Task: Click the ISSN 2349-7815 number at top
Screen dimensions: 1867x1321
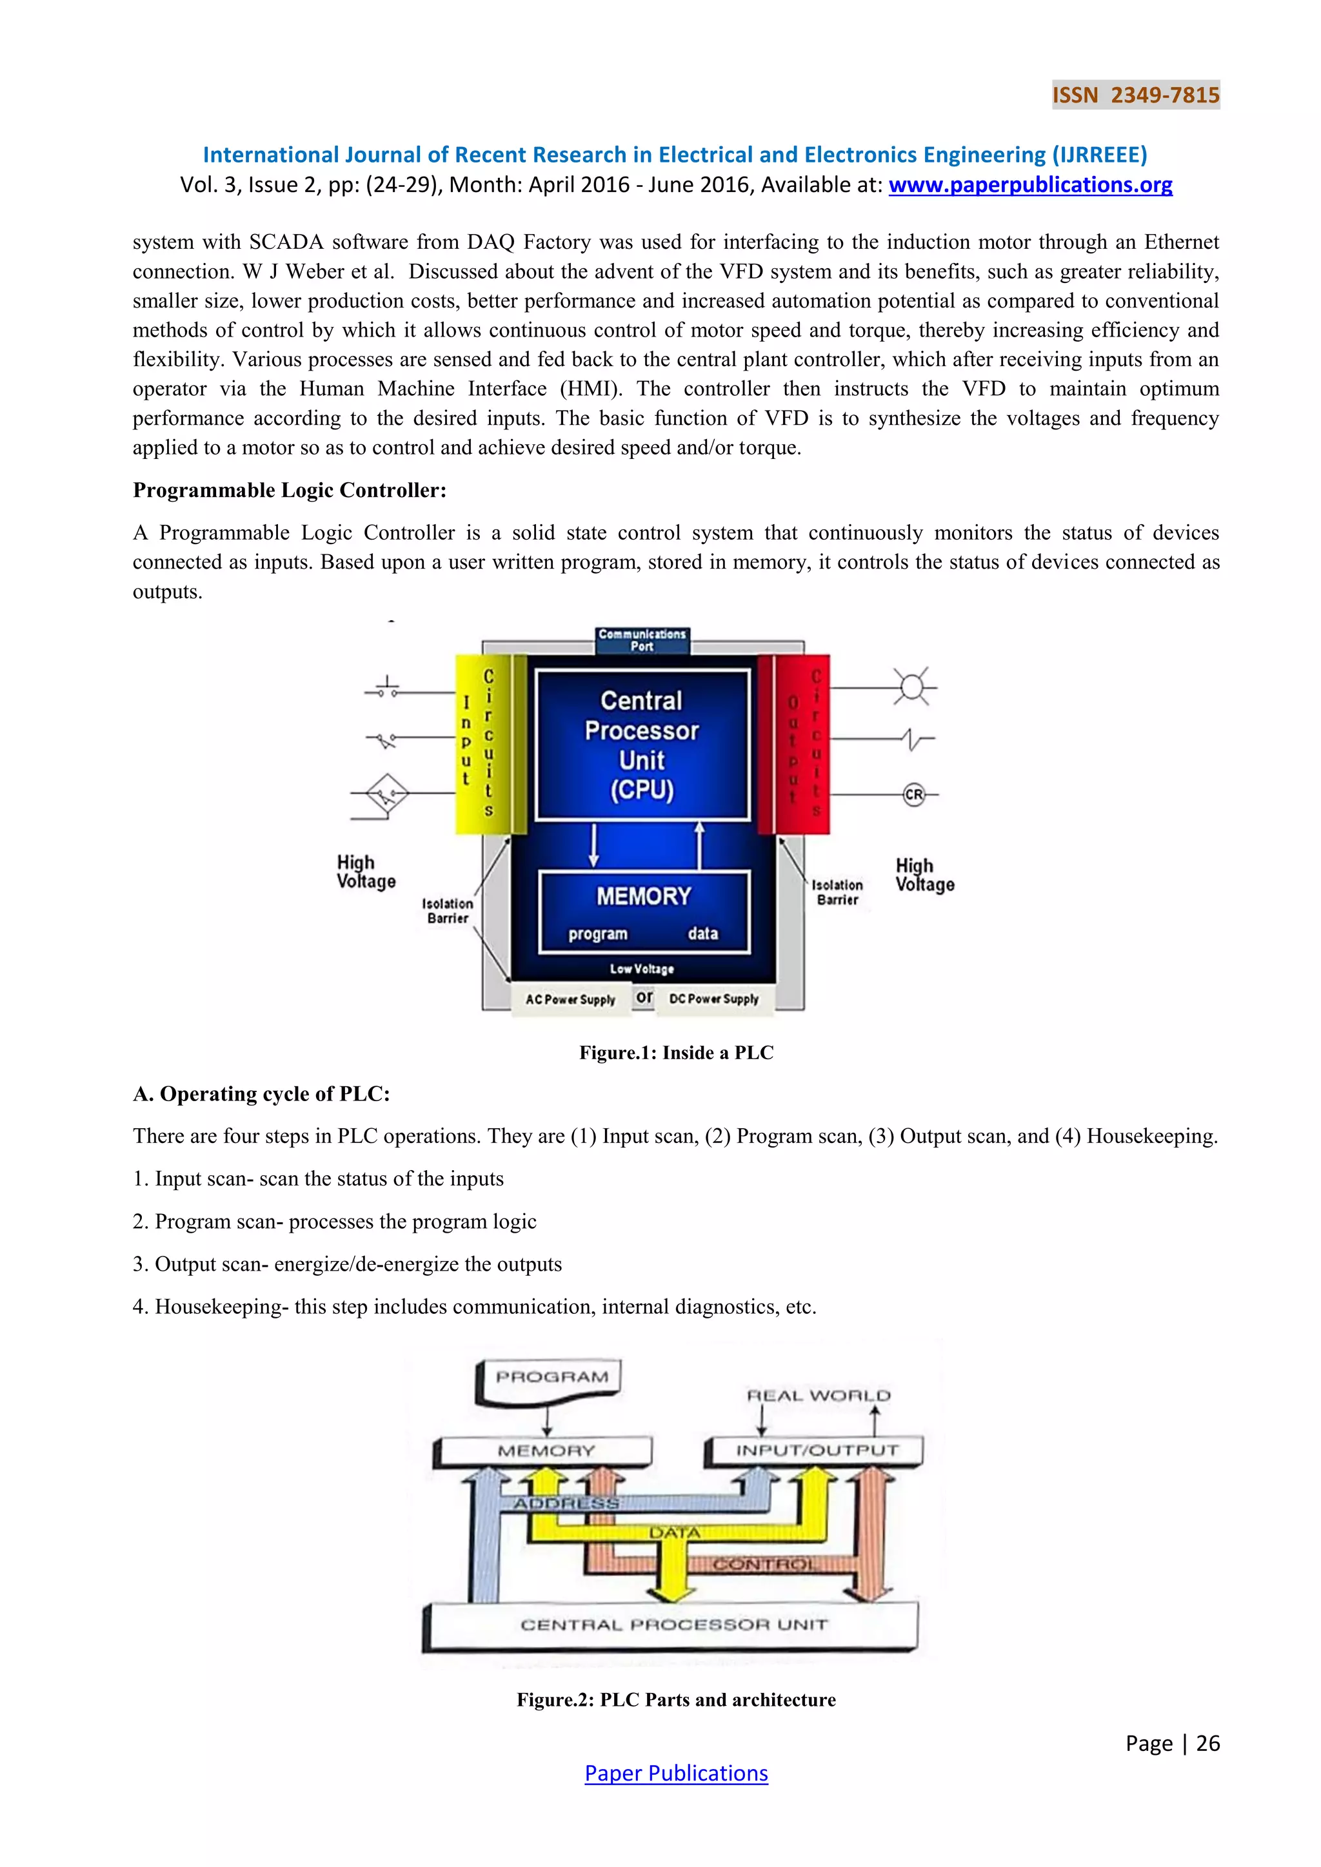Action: [x=1135, y=95]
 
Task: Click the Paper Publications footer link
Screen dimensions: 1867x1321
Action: [x=676, y=1773]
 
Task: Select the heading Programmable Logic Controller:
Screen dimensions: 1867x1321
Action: [x=290, y=491]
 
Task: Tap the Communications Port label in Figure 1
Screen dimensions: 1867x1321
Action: [x=642, y=640]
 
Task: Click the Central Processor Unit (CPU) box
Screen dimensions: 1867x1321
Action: [x=642, y=744]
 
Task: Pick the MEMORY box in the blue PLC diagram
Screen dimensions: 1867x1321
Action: [x=644, y=911]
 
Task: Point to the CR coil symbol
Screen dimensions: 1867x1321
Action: [x=914, y=794]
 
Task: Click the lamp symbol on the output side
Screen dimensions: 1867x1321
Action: [x=913, y=688]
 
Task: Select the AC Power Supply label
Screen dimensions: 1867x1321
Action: [x=570, y=999]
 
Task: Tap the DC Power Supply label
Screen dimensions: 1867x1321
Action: [x=713, y=999]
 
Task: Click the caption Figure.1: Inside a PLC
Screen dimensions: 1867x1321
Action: [x=676, y=1052]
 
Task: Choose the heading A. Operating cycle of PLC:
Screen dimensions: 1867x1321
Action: [x=261, y=1093]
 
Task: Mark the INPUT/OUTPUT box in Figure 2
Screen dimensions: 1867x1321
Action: [x=817, y=1451]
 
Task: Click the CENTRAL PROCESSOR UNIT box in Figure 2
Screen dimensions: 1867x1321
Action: [x=673, y=1625]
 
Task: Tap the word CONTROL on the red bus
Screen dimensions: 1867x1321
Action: [x=763, y=1564]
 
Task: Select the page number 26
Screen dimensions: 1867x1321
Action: [x=1208, y=1743]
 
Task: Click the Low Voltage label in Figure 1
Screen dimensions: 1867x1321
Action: [x=642, y=968]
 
